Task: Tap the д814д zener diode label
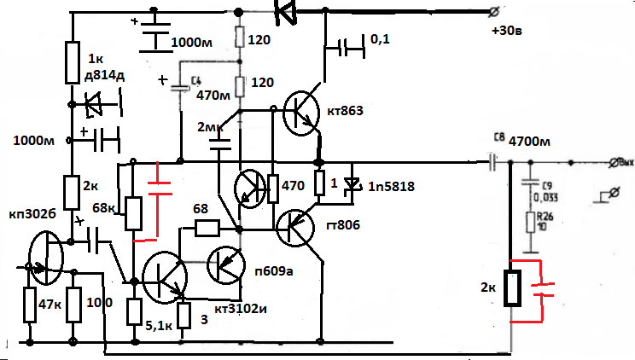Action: click(x=104, y=79)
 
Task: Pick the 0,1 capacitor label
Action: click(x=382, y=40)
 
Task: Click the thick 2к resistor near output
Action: click(x=512, y=288)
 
